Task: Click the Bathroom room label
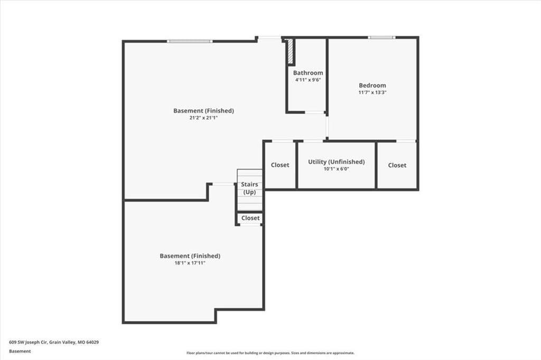click(308, 73)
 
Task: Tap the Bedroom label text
click(372, 85)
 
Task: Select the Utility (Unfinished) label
click(337, 162)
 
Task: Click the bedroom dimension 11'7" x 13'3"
click(372, 92)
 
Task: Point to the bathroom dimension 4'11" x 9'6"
click(308, 80)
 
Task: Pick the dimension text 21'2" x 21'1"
click(203, 118)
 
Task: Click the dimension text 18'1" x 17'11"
click(190, 263)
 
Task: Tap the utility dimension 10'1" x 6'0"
click(337, 169)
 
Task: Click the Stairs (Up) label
click(249, 188)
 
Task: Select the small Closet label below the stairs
click(250, 218)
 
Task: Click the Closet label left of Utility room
click(280, 165)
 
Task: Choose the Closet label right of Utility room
click(397, 165)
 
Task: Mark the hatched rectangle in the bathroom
click(291, 51)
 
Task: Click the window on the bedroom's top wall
click(381, 37)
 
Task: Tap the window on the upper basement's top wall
click(190, 41)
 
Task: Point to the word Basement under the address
click(20, 351)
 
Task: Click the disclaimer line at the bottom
click(270, 353)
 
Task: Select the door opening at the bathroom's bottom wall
click(314, 112)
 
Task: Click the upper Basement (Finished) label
click(203, 111)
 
